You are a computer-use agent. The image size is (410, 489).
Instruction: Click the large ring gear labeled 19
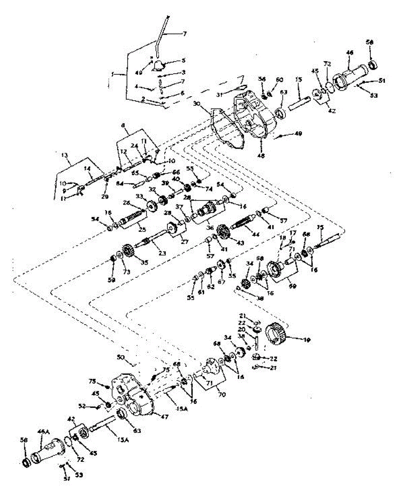[x=277, y=332]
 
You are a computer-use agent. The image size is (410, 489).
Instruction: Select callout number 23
[x=162, y=253]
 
